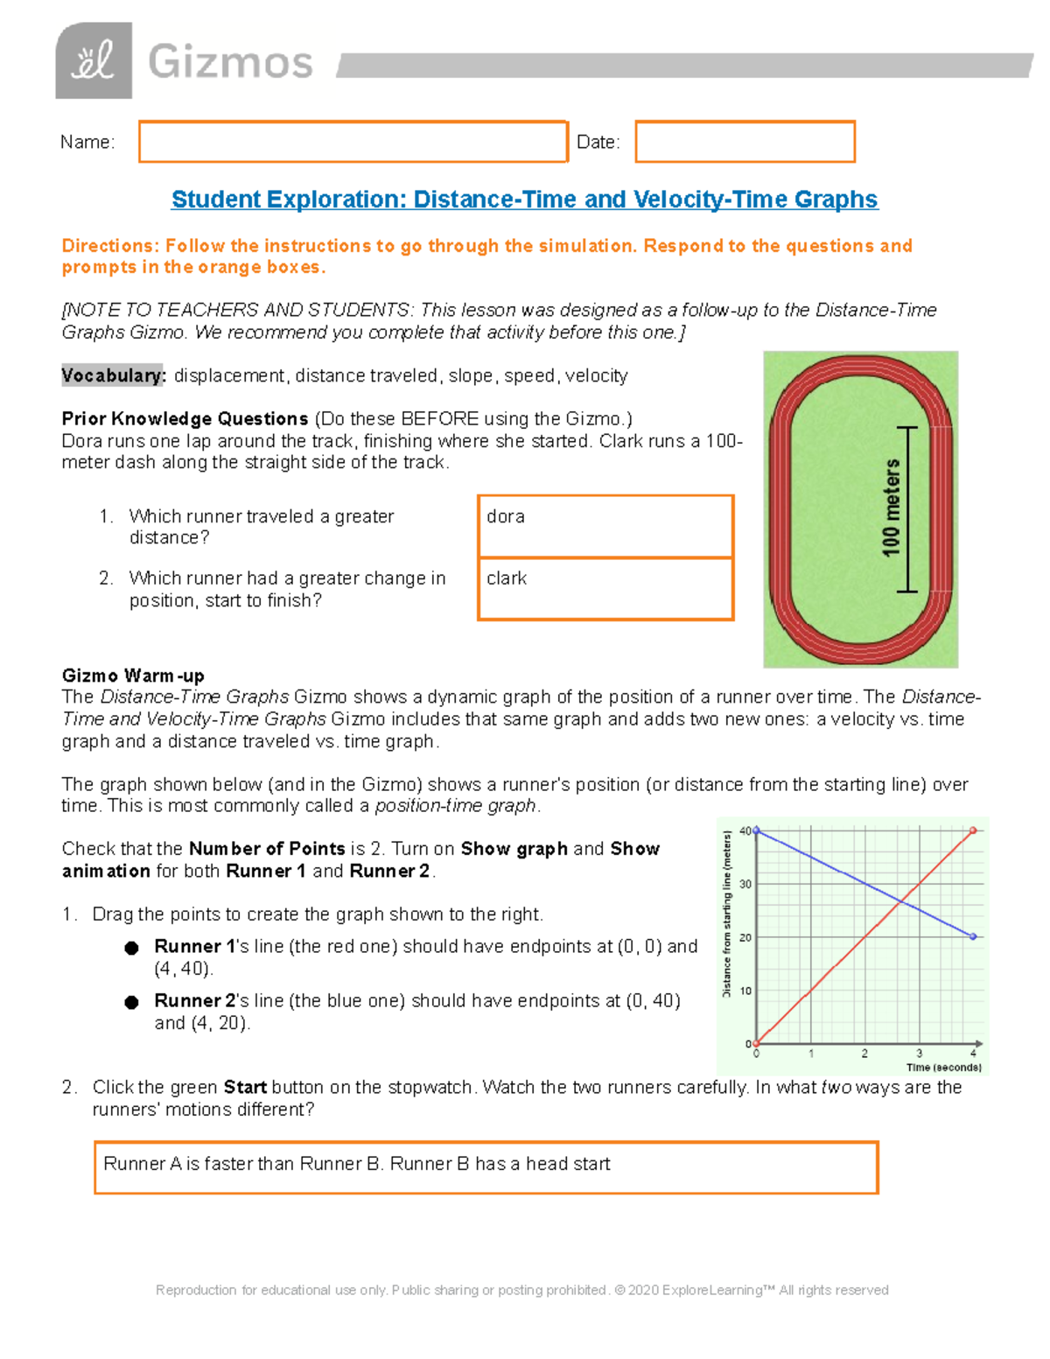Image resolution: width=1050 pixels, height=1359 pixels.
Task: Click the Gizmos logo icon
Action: coord(94,61)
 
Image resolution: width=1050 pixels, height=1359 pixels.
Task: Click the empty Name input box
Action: coord(353,142)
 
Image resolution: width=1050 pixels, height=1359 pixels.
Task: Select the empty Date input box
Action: coord(745,142)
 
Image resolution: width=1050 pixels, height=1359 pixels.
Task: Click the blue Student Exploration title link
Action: coord(524,200)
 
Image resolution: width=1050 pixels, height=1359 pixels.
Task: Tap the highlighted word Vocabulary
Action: coord(113,375)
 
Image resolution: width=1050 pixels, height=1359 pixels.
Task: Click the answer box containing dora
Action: coord(605,526)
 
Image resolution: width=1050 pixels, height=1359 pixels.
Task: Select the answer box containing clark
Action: coord(605,589)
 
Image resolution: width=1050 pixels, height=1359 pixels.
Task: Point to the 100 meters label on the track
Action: coord(891,508)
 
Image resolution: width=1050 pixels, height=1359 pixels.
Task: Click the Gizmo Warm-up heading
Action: coord(133,676)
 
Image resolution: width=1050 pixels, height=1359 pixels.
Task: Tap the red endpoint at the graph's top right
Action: coord(973,830)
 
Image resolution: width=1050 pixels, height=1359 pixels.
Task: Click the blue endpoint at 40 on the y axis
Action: coord(757,830)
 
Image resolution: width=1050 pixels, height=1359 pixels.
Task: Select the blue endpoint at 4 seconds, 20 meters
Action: coord(973,936)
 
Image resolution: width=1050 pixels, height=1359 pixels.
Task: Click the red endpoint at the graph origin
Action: coord(757,1043)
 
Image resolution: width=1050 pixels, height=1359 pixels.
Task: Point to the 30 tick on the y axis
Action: coord(745,884)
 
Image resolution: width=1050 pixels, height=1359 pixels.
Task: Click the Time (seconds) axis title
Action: coord(943,1068)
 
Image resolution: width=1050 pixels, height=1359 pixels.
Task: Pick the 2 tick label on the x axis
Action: coord(864,1054)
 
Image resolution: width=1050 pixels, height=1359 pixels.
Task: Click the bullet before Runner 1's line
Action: coord(132,948)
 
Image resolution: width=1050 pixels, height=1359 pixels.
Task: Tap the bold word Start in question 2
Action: coord(245,1087)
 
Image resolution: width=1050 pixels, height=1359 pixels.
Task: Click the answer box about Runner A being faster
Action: coord(486,1167)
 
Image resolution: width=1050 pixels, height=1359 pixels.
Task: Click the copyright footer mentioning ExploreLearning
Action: coord(521,1290)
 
